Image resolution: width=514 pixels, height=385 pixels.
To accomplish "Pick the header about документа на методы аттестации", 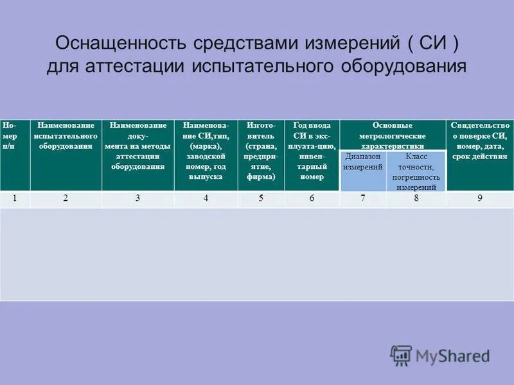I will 137,146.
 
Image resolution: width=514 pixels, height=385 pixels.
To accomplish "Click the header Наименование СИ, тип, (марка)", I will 206,151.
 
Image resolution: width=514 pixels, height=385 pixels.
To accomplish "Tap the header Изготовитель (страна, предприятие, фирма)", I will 261,151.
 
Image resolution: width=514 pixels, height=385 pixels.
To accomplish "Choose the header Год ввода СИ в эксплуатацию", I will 312,151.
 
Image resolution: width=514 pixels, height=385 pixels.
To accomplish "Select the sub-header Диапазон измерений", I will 363,162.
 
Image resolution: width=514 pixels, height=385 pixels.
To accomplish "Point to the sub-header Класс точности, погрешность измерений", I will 416,171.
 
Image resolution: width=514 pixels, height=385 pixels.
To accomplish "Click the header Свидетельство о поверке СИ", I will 480,141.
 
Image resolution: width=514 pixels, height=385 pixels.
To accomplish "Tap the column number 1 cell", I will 15,198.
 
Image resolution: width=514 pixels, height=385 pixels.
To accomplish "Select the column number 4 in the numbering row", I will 206,198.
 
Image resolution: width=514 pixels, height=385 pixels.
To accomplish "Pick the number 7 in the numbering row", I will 363,198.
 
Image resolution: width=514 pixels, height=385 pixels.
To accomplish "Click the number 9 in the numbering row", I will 479,198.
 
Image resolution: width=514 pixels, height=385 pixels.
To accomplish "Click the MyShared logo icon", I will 402,355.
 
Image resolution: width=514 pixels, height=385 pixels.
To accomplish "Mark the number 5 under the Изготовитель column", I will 261,198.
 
